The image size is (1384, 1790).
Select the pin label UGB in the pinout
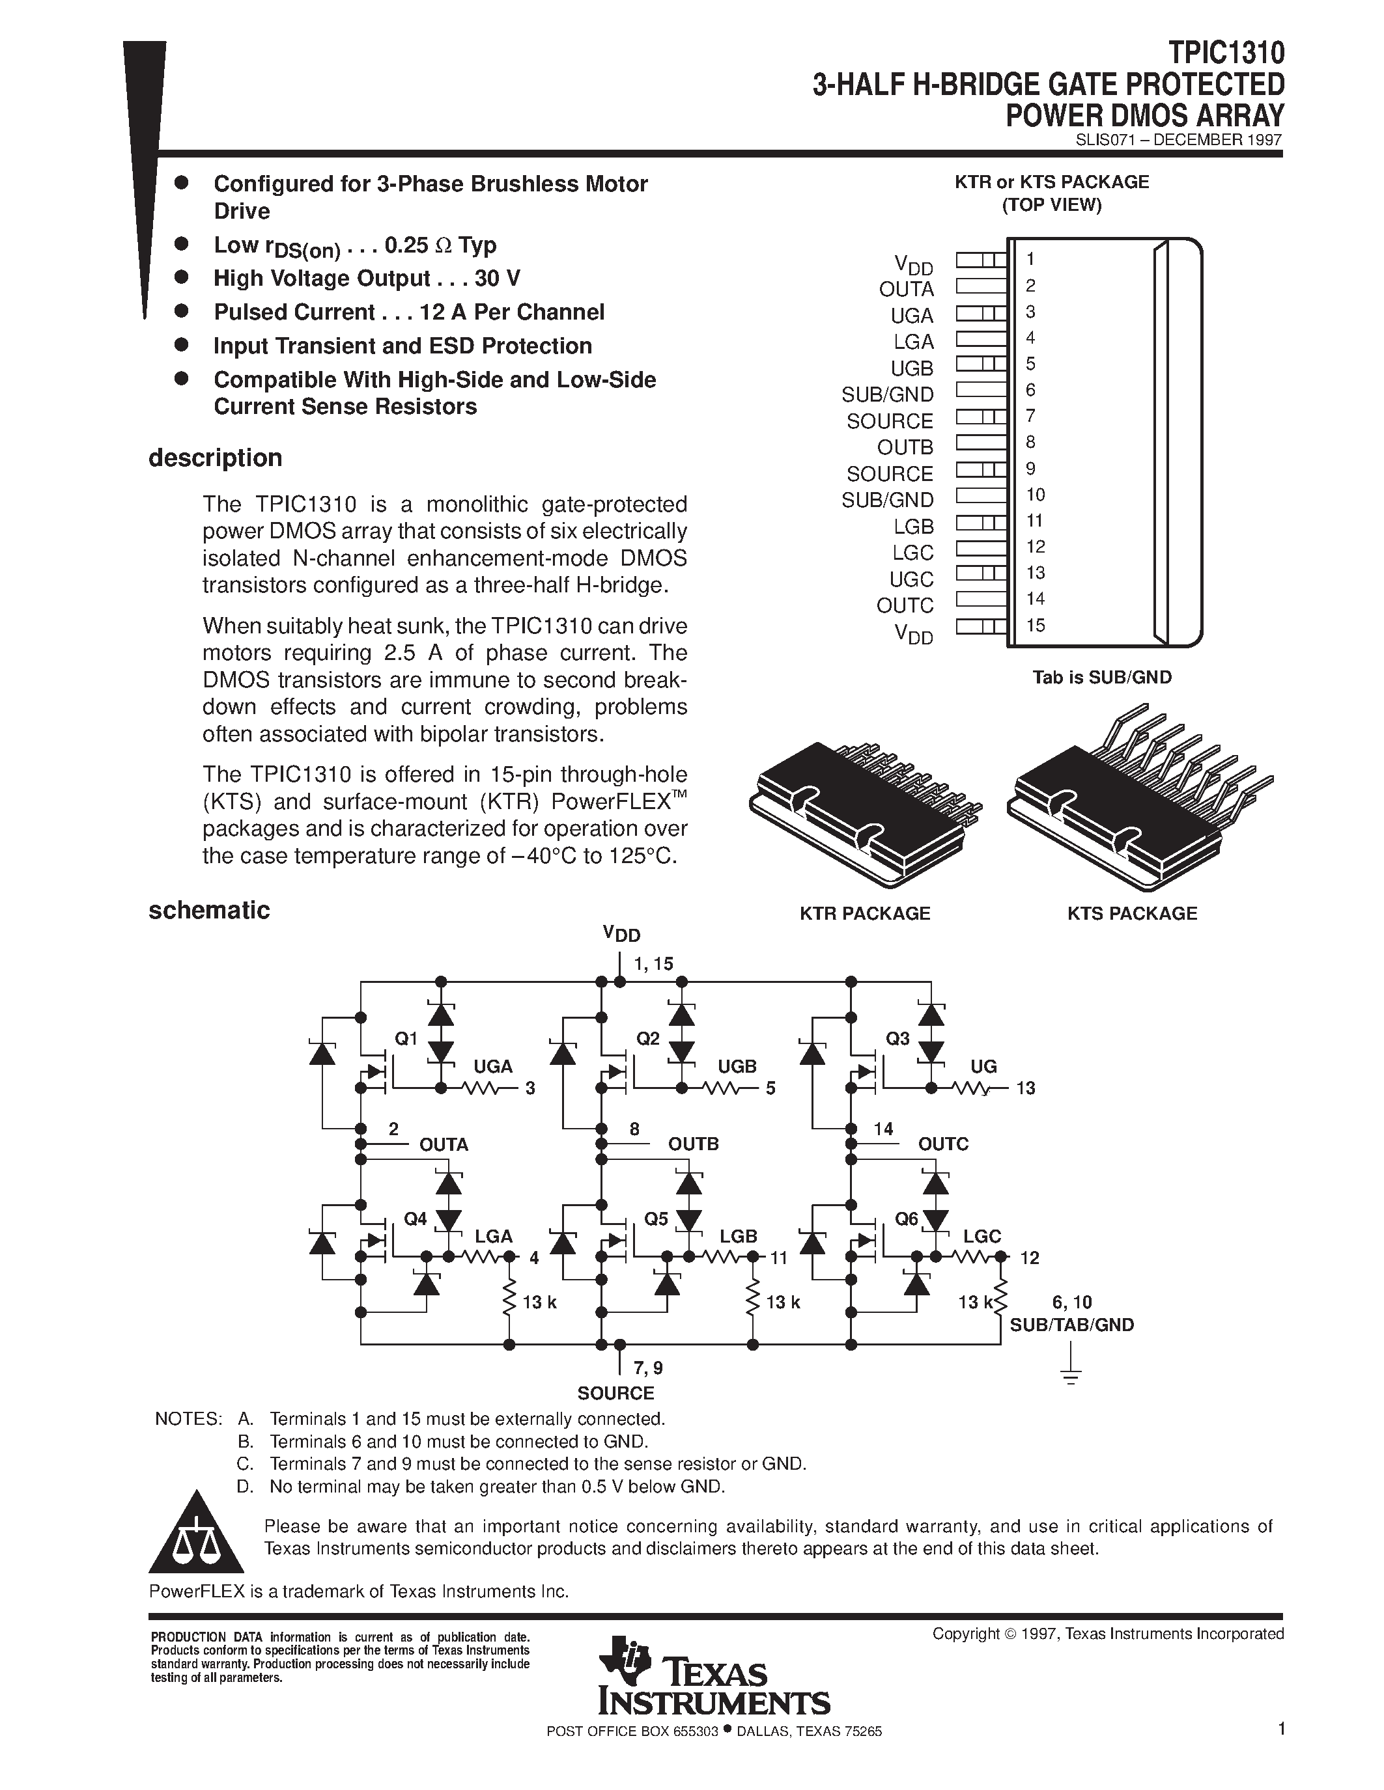912,368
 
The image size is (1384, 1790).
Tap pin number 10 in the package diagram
1035,494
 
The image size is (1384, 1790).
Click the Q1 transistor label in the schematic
406,1038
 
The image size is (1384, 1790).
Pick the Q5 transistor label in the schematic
656,1219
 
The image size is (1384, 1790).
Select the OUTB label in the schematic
693,1144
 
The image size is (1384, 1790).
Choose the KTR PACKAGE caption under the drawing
864,913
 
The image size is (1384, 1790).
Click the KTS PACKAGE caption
1131,913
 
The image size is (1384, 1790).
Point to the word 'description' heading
215,458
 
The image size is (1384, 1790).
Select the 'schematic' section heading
209,910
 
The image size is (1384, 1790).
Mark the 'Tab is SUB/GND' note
1102,677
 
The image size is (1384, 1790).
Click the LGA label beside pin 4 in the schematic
494,1236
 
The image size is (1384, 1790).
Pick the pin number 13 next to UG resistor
1026,1088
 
